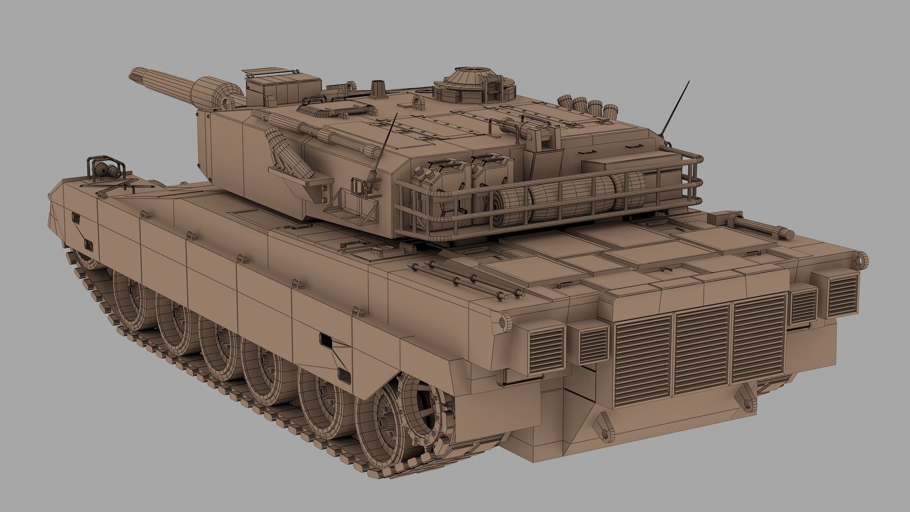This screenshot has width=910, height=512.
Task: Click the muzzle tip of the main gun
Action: pyautogui.click(x=133, y=74)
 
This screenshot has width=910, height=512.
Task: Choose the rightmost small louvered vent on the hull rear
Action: pyautogui.click(x=843, y=296)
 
